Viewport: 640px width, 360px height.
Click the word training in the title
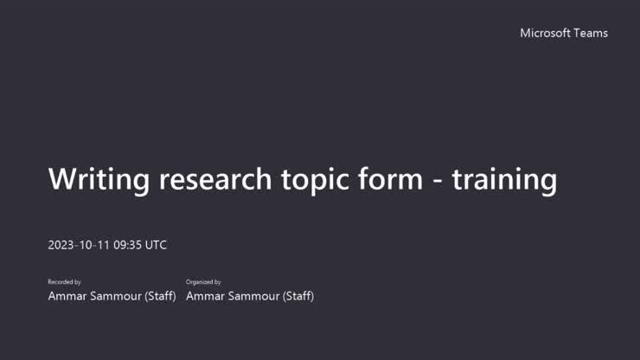(504, 179)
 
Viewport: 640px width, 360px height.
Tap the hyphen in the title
(438, 181)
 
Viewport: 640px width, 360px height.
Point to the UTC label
(157, 245)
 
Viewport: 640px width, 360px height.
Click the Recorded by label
(64, 282)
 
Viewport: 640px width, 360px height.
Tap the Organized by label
(203, 282)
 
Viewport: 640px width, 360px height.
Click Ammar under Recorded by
(67, 296)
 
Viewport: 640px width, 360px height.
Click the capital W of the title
(63, 179)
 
